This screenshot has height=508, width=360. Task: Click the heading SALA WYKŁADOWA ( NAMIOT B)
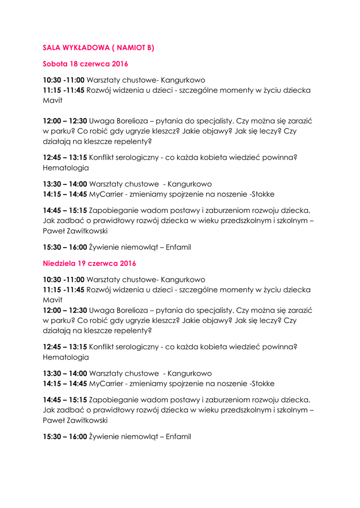click(x=98, y=48)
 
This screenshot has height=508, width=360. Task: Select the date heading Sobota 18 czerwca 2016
click(x=85, y=64)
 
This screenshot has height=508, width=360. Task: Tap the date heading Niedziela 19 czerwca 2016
click(x=89, y=263)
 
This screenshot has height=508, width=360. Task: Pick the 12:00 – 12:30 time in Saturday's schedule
click(x=65, y=121)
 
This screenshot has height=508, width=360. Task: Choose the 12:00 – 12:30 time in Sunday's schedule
click(x=65, y=310)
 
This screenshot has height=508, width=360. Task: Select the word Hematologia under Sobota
click(x=66, y=168)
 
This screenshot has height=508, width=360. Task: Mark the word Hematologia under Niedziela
click(x=66, y=357)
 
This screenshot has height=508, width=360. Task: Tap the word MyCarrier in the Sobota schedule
click(x=105, y=194)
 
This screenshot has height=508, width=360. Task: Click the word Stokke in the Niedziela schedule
click(x=263, y=383)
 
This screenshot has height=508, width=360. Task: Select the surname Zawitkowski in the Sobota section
click(x=86, y=231)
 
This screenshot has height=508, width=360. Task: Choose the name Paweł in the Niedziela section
click(x=53, y=420)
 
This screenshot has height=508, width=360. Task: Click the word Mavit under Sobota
click(x=53, y=100)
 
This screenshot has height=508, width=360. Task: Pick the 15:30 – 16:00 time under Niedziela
click(x=65, y=437)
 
